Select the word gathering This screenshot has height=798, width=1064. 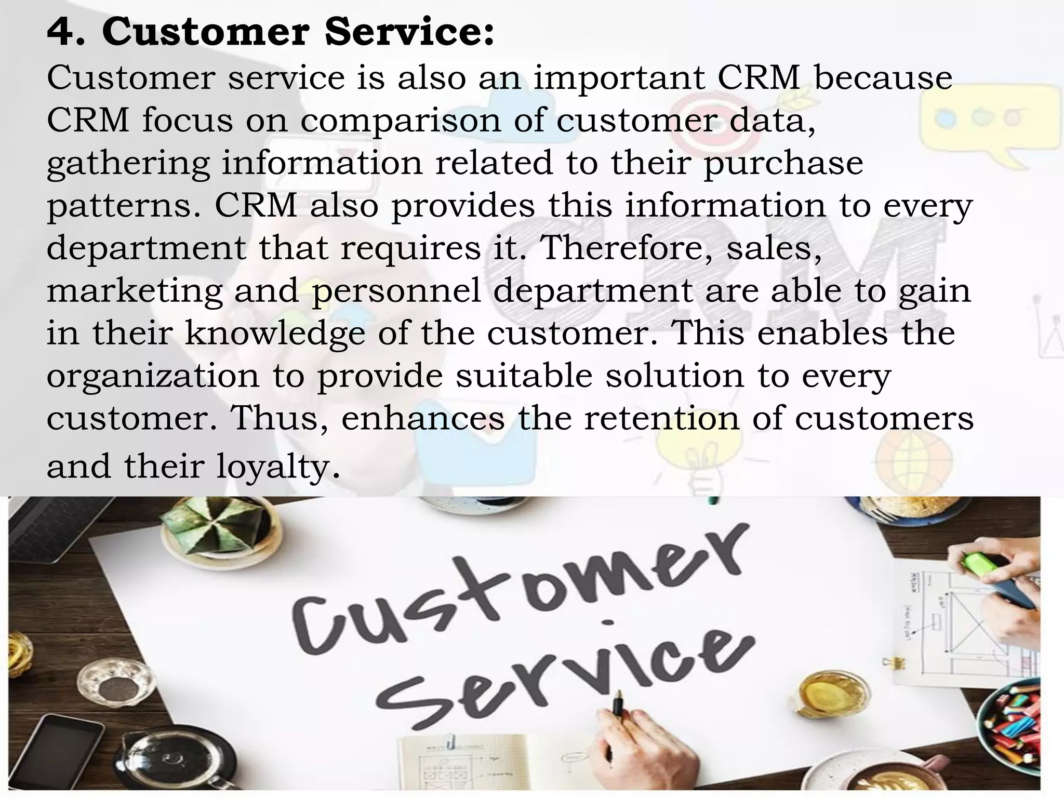pyautogui.click(x=128, y=163)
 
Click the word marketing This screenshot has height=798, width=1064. pyautogui.click(x=135, y=291)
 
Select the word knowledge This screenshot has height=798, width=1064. pyautogui.click(x=275, y=333)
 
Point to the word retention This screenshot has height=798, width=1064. pyautogui.click(x=661, y=418)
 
